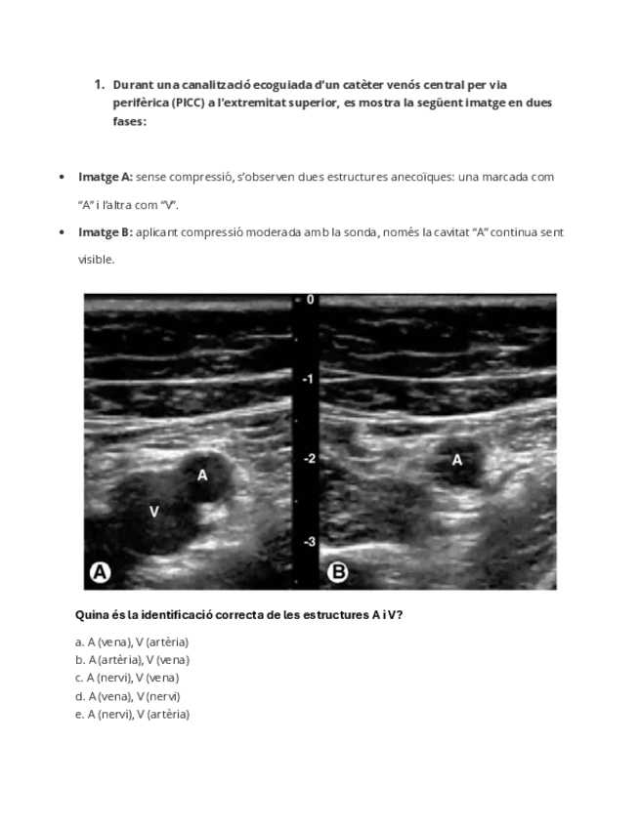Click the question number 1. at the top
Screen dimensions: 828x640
pyautogui.click(x=99, y=84)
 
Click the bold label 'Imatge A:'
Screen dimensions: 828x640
pyautogui.click(x=105, y=177)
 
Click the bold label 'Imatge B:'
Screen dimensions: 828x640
pyautogui.click(x=105, y=232)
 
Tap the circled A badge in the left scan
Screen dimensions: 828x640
pyautogui.click(x=100, y=573)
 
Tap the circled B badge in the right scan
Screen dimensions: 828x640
pyautogui.click(x=337, y=573)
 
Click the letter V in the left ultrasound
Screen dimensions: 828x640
pyautogui.click(x=153, y=511)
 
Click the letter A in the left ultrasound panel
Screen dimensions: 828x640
pyautogui.click(x=202, y=476)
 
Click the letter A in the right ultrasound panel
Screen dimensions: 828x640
pyautogui.click(x=456, y=459)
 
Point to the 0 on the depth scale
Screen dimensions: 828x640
pyautogui.click(x=311, y=300)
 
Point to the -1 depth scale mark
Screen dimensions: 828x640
pyautogui.click(x=308, y=379)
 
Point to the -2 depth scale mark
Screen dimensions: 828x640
pyautogui.click(x=308, y=459)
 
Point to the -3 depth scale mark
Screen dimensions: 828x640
pyautogui.click(x=308, y=541)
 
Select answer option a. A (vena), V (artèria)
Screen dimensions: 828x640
pyautogui.click(x=132, y=642)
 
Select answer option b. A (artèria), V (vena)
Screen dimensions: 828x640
pyautogui.click(x=132, y=659)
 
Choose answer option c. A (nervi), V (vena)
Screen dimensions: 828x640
pyautogui.click(x=127, y=678)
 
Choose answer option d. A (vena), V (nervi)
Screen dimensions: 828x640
pyautogui.click(x=128, y=696)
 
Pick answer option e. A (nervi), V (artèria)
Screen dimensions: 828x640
pyautogui.click(x=132, y=714)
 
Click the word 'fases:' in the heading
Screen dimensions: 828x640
pyautogui.click(x=129, y=123)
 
